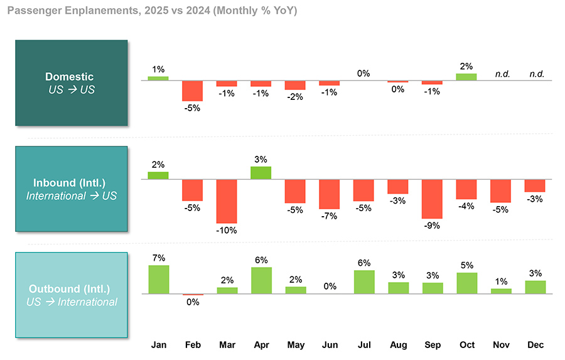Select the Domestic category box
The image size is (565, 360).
[71, 83]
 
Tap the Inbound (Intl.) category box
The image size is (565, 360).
[71, 189]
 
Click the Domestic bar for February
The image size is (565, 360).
[193, 90]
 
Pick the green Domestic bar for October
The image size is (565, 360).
[466, 77]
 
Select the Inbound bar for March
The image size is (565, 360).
[227, 201]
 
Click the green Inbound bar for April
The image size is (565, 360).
[261, 173]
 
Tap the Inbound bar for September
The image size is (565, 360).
[432, 199]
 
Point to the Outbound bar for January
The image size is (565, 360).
[158, 280]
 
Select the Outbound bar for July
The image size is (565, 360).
[363, 282]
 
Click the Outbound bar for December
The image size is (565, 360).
[534, 287]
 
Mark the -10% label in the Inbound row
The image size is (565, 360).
[226, 231]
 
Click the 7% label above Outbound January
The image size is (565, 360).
[158, 258]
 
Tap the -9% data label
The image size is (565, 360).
[432, 226]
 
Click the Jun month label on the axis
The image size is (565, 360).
[329, 345]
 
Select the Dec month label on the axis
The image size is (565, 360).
[534, 345]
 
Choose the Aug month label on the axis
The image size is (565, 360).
[397, 345]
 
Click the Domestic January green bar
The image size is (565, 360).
[158, 78]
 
